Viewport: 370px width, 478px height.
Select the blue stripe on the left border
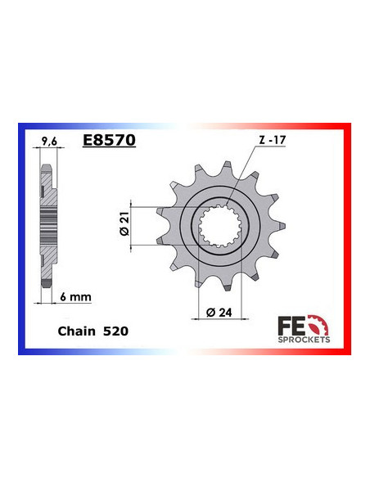pyautogui.click(x=22, y=237)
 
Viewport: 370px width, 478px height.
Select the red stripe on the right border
pyautogui.click(x=348, y=237)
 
